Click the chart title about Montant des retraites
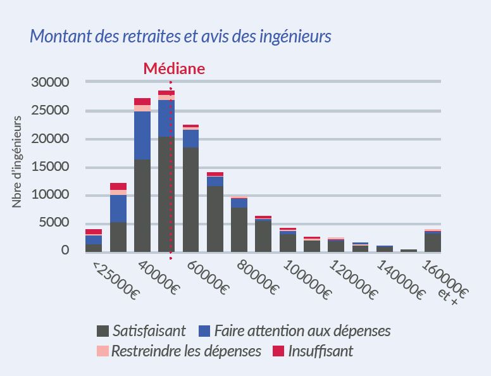click(x=180, y=36)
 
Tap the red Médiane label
click(x=174, y=68)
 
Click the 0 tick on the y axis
click(x=65, y=251)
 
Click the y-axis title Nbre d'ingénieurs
click(x=17, y=161)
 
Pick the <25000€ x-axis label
click(x=116, y=279)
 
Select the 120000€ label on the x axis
click(x=353, y=279)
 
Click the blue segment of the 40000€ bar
click(x=142, y=135)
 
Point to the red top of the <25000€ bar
click(x=94, y=232)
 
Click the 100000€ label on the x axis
click(x=306, y=279)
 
